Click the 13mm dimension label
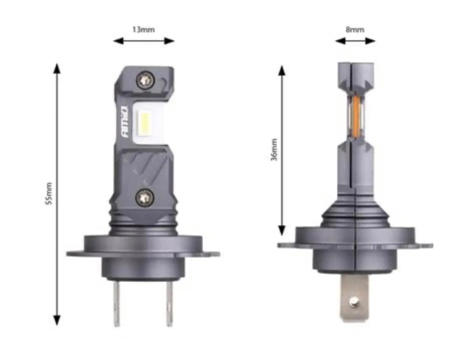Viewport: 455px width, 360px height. pyautogui.click(x=143, y=30)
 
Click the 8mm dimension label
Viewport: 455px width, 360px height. pyautogui.click(x=355, y=30)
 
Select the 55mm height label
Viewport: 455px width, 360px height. pyautogui.click(x=49, y=193)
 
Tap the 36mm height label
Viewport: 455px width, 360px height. pyautogui.click(x=274, y=149)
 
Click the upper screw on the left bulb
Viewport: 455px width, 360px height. pyautogui.click(x=145, y=80)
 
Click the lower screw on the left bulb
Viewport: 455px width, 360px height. pyautogui.click(x=145, y=197)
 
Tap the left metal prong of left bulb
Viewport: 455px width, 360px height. pyautogui.click(x=117, y=303)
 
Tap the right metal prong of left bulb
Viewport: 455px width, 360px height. pyautogui.click(x=169, y=303)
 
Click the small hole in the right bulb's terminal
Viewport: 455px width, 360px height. pyautogui.click(x=354, y=302)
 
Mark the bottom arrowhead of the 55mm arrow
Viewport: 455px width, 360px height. pyautogui.click(x=57, y=320)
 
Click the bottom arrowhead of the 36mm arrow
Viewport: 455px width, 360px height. pyautogui.click(x=282, y=230)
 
